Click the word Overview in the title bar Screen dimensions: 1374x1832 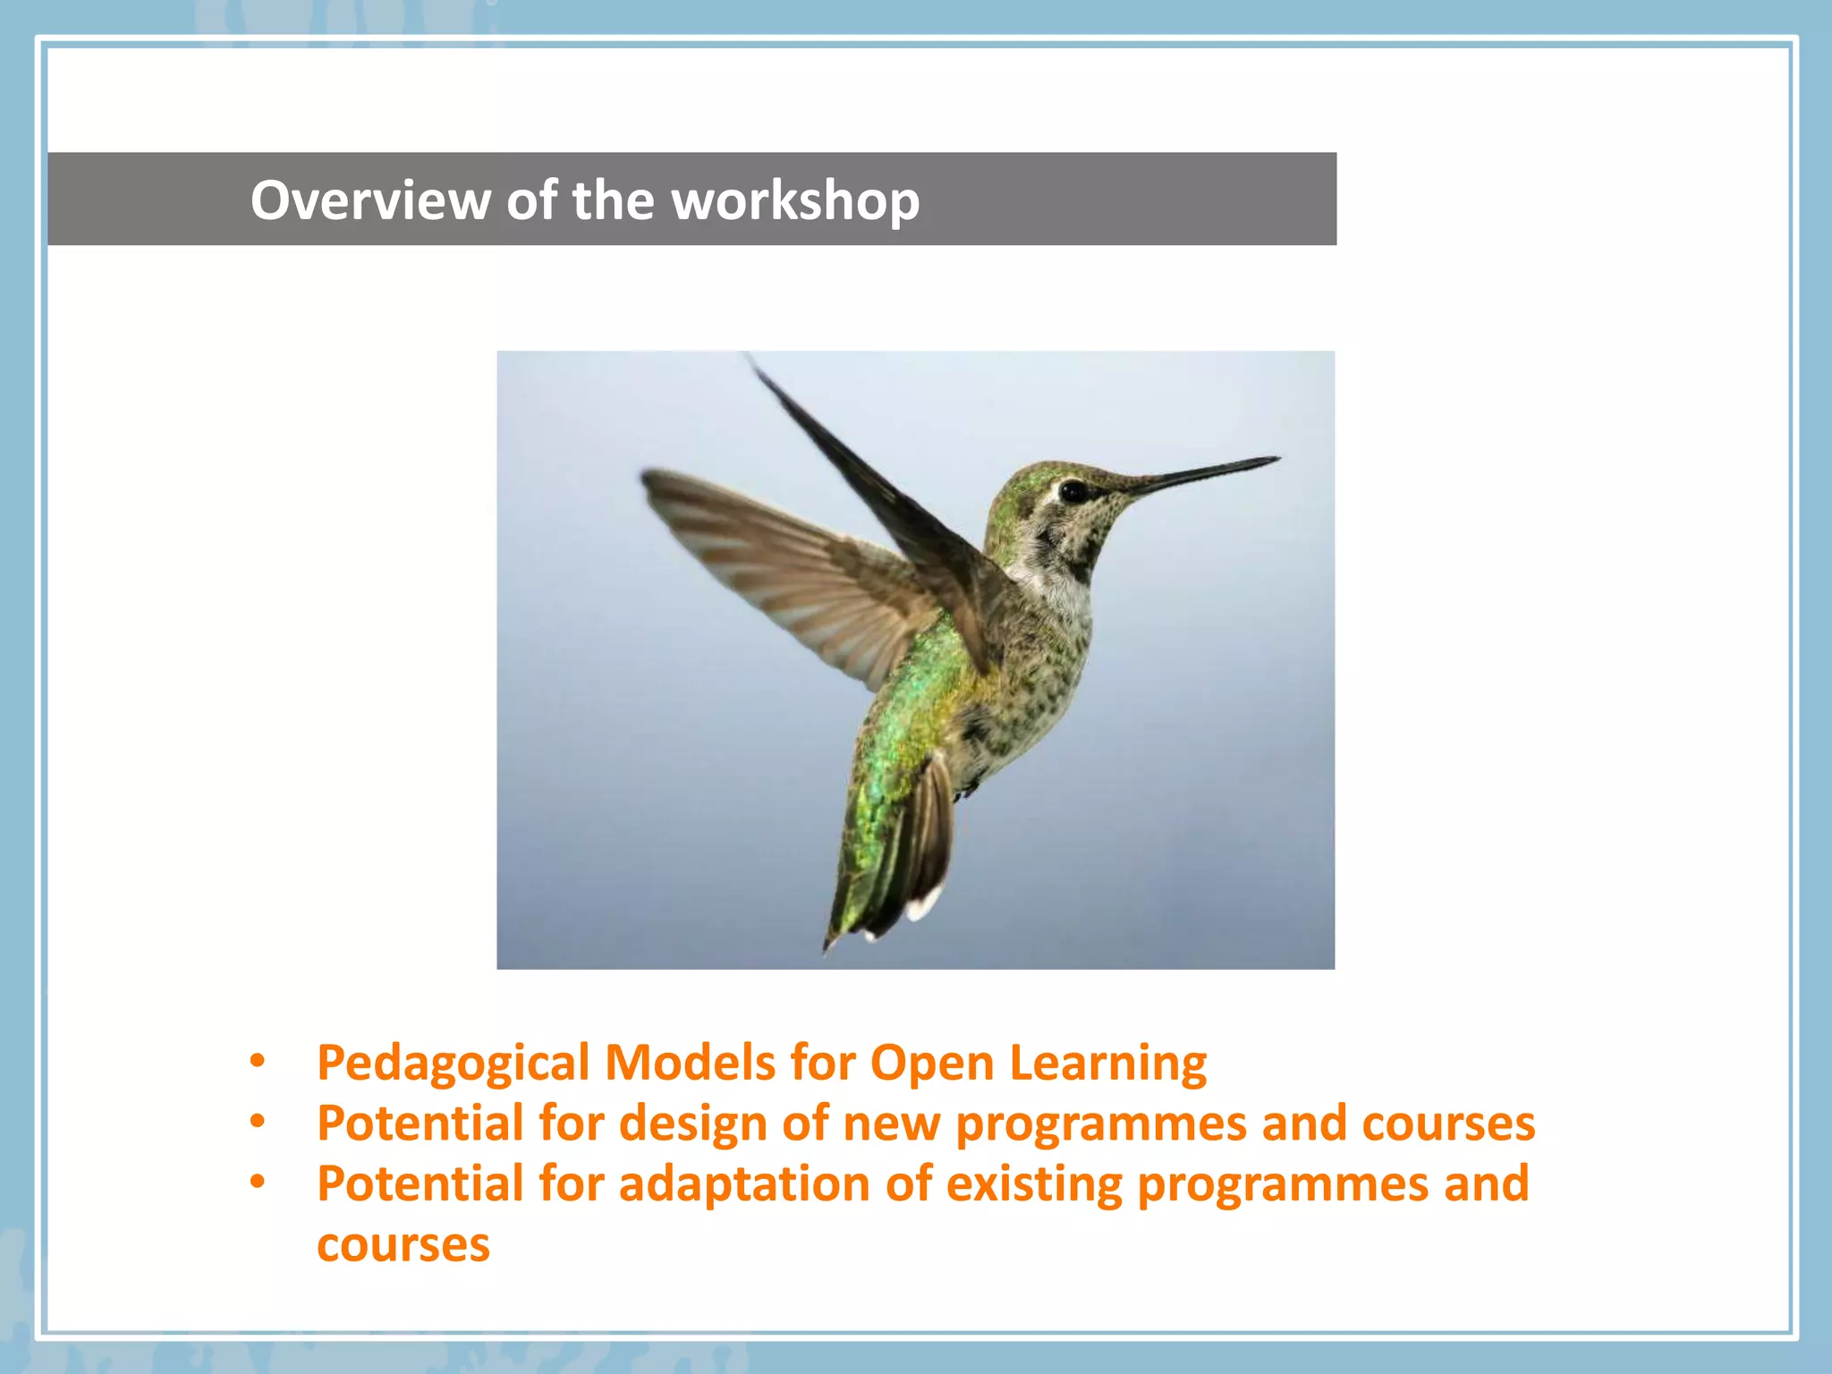[369, 200]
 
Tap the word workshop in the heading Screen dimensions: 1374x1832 [795, 200]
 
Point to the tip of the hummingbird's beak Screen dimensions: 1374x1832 [1276, 460]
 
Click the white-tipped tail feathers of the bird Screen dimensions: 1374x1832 [921, 903]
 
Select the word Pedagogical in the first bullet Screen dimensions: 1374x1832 [453, 1064]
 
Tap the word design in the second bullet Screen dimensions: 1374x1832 [692, 1124]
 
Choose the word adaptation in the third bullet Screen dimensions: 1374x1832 [744, 1184]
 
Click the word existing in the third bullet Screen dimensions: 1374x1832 [1033, 1184]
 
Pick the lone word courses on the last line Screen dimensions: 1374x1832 [403, 1245]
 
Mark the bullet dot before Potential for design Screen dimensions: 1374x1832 [258, 1122]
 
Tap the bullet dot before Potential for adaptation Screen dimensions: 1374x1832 [258, 1183]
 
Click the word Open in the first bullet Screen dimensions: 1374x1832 [931, 1064]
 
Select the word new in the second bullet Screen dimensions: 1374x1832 [891, 1124]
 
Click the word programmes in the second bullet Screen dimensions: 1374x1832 [1100, 1124]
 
